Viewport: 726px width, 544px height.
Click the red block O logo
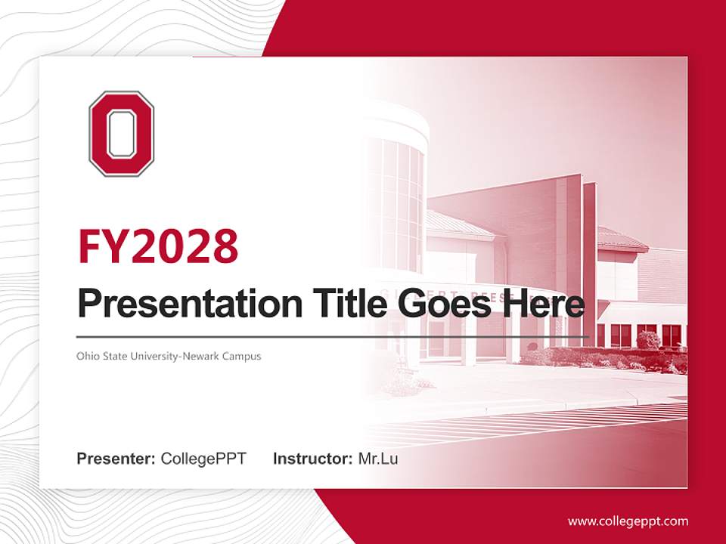(121, 134)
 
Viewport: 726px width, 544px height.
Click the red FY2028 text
(158, 247)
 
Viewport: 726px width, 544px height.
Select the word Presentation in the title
(179, 304)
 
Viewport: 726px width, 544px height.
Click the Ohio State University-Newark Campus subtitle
(169, 356)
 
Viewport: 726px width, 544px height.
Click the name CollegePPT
(203, 459)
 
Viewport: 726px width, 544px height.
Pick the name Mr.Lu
(377, 459)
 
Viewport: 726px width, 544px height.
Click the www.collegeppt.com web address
(628, 521)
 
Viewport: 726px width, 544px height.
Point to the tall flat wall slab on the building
(570, 249)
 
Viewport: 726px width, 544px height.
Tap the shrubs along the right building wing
(605, 357)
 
